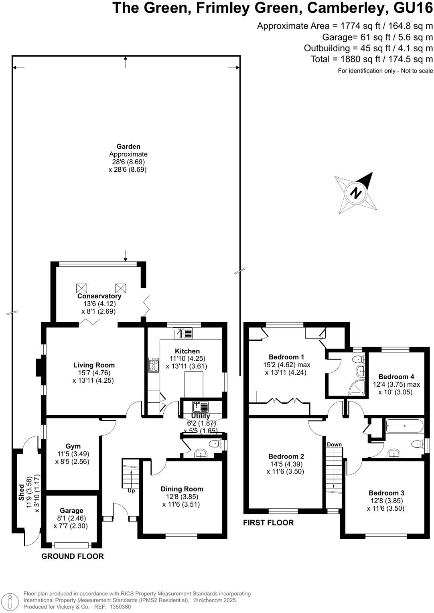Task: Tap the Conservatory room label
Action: [x=99, y=296]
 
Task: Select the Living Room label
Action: [x=94, y=365]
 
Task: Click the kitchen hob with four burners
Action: [x=154, y=365]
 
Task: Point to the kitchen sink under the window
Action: [x=183, y=333]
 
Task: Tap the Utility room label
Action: [x=201, y=416]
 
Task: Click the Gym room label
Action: [x=73, y=446]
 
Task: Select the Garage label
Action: [x=71, y=511]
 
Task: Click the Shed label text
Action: [x=22, y=492]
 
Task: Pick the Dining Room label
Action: [x=182, y=489]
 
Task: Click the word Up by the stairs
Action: [x=131, y=491]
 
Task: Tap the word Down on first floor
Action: [x=334, y=445]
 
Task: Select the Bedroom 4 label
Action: [x=396, y=377]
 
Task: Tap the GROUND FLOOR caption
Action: [x=73, y=556]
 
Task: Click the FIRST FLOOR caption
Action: [x=268, y=523]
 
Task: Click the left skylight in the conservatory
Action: [x=81, y=288]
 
